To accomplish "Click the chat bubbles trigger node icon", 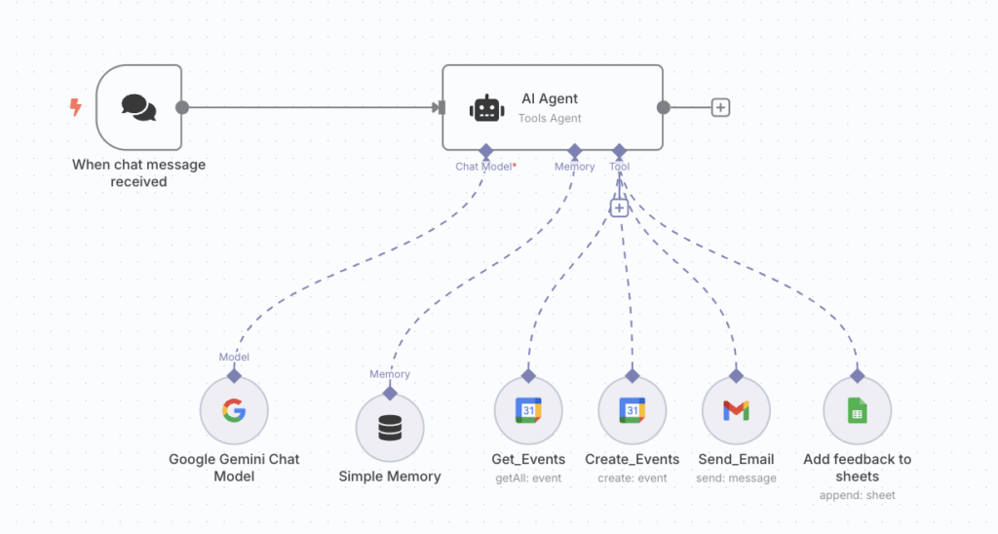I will click(138, 107).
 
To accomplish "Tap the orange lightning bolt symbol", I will click(75, 107).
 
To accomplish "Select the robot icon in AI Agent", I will click(487, 108).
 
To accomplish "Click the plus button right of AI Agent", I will click(720, 107).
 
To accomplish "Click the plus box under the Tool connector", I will click(619, 208).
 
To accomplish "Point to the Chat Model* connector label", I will click(485, 167).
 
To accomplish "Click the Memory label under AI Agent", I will click(574, 167).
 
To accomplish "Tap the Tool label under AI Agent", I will click(619, 167).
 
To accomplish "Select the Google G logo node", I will click(234, 410).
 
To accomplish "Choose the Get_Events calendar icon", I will click(528, 410).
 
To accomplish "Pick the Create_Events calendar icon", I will click(632, 410).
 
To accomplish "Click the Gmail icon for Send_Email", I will click(736, 410).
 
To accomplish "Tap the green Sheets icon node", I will click(857, 410).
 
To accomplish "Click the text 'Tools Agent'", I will click(550, 119).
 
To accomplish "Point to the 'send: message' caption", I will click(736, 478).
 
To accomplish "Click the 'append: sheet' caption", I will click(857, 495).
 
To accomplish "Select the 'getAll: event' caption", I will click(528, 478).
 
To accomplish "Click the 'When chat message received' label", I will click(138, 172).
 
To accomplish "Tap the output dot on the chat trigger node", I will click(182, 107).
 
